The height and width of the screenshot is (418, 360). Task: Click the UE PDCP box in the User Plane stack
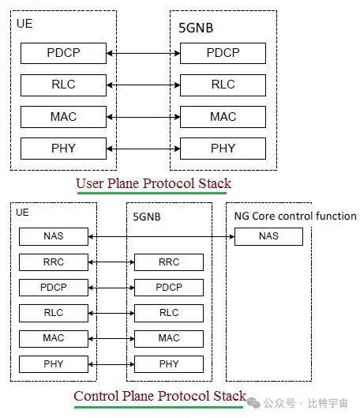point(64,54)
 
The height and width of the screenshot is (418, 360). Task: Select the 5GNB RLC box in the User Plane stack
point(223,85)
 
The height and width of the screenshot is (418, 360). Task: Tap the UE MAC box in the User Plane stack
point(64,116)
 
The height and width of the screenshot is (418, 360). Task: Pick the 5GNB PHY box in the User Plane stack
point(223,148)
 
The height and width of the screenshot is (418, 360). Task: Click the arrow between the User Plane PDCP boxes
point(143,54)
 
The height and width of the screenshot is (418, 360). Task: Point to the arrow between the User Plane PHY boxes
point(143,148)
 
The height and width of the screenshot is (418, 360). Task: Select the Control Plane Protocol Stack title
point(159,395)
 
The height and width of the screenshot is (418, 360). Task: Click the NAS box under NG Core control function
point(268,236)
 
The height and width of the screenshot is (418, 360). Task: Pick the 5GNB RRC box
point(169,262)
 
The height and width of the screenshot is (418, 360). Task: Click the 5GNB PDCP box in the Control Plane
point(169,288)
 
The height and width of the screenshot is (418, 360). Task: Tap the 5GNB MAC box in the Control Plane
point(169,338)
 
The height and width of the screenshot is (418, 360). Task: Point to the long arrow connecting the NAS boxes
point(162,236)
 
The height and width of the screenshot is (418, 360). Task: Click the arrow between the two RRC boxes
point(111,262)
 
